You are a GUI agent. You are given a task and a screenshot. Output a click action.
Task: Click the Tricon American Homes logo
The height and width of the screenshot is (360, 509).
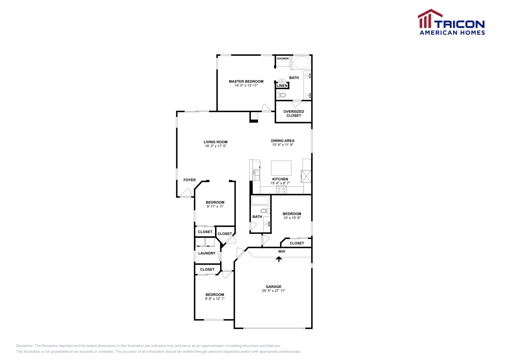click(x=451, y=22)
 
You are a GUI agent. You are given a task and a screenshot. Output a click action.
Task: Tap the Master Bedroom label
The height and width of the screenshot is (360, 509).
click(x=246, y=81)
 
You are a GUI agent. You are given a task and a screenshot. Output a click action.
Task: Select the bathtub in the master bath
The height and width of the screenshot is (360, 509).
click(x=302, y=62)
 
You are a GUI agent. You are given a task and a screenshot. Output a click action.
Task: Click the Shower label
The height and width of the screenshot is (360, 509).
click(x=283, y=59)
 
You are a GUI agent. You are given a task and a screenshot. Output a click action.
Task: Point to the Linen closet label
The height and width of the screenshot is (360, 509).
click(x=282, y=86)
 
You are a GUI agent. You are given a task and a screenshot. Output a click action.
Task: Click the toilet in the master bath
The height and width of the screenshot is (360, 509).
click(x=281, y=95)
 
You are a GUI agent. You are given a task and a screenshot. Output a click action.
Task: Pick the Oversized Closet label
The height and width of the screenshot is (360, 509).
click(x=294, y=114)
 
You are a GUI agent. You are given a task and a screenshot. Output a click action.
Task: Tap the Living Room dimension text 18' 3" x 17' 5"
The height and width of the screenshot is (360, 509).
click(x=215, y=146)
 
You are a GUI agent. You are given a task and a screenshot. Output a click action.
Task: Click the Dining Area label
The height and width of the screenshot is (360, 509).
click(x=282, y=141)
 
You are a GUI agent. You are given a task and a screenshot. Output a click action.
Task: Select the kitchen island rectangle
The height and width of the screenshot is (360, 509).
click(x=281, y=168)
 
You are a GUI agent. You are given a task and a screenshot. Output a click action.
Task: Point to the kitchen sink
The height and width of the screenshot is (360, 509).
click(x=256, y=175)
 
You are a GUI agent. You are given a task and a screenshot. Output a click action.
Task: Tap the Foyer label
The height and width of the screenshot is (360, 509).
click(x=190, y=180)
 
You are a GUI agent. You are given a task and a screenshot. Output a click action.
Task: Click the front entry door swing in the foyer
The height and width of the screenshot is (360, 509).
click(x=186, y=192)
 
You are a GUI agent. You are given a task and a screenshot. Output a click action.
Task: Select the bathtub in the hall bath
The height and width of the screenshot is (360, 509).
click(x=261, y=201)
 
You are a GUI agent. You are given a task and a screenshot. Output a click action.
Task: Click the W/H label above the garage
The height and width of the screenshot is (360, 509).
click(x=282, y=252)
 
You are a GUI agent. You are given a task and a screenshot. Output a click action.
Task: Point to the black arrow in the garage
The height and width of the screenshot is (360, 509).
click(x=279, y=259)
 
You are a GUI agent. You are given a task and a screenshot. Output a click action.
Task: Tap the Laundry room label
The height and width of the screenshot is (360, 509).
click(x=207, y=253)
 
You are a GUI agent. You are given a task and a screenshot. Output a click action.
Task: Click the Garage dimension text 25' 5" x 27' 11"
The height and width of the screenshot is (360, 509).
click(x=274, y=291)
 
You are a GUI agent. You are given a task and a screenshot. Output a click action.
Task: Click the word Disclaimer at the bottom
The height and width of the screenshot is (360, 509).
click(x=24, y=346)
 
